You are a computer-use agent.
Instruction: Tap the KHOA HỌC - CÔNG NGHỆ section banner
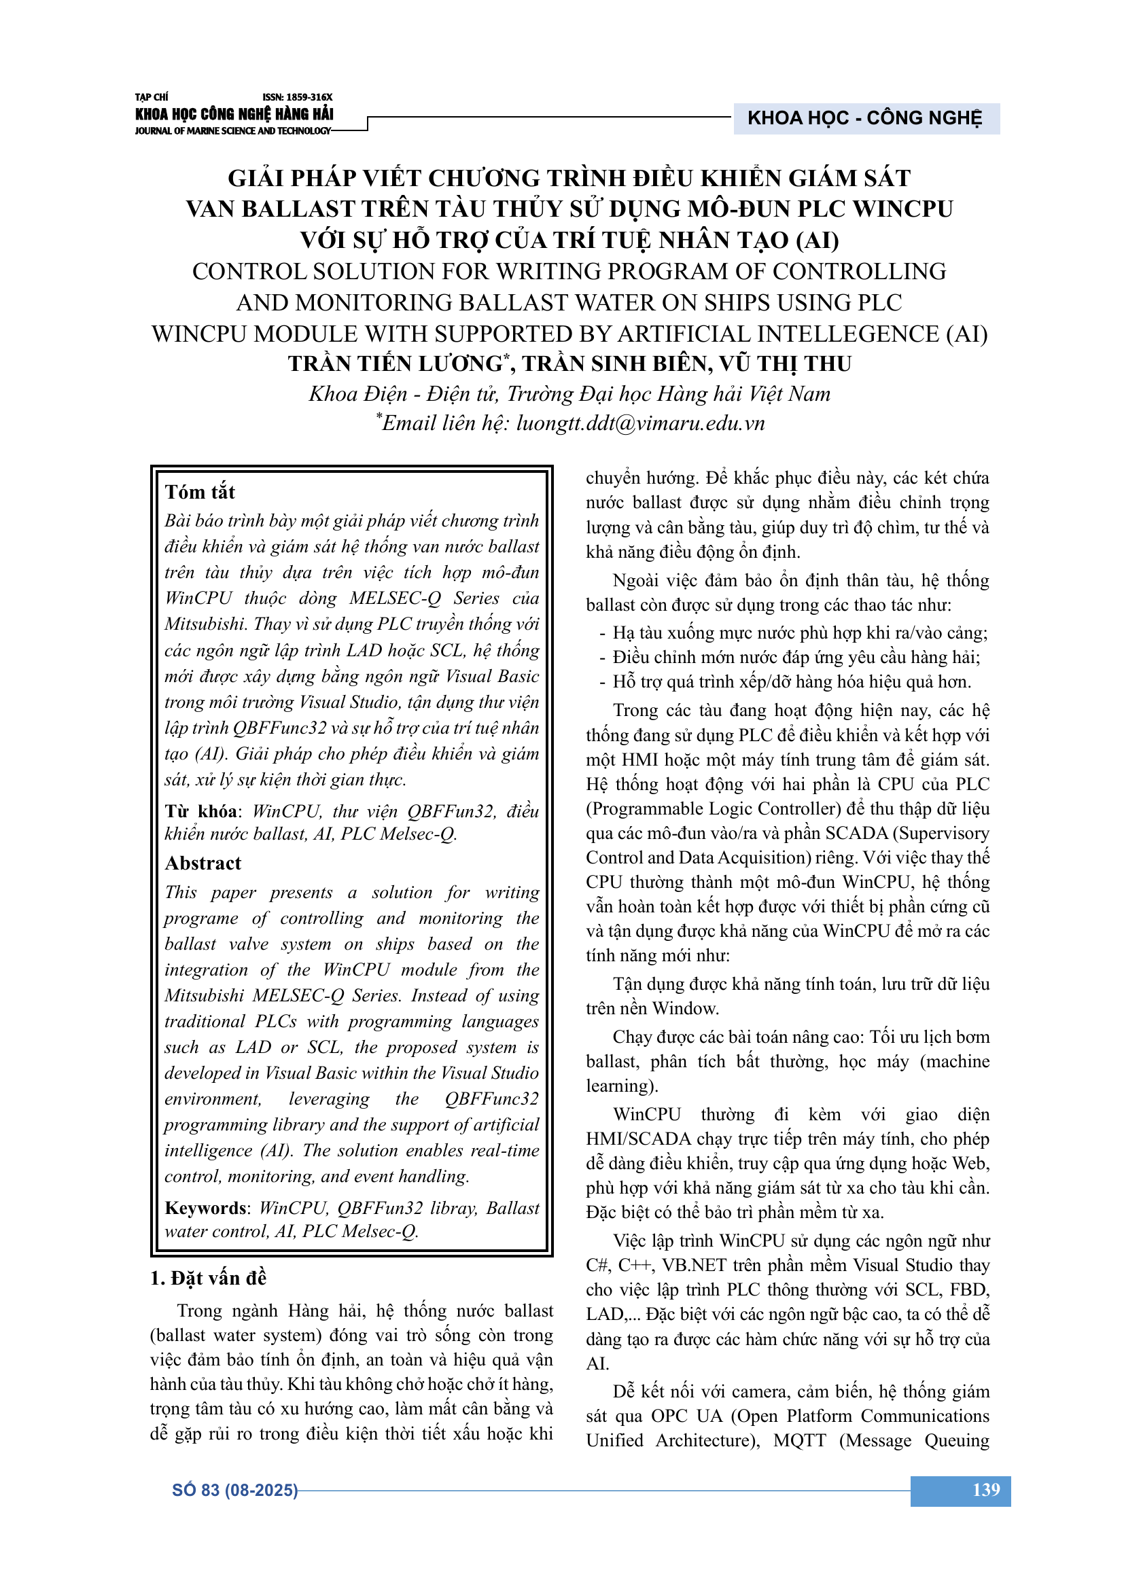click(x=864, y=118)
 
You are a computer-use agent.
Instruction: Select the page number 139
click(x=985, y=1489)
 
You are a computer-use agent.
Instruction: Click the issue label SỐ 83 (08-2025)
click(x=234, y=1490)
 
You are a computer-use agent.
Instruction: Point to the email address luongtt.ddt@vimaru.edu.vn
click(x=640, y=423)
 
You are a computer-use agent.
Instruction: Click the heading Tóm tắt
click(x=200, y=492)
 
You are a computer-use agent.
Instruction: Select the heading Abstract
click(x=203, y=863)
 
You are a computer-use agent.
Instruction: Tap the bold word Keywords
click(x=205, y=1208)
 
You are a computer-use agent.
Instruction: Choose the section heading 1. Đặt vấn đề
click(x=209, y=1278)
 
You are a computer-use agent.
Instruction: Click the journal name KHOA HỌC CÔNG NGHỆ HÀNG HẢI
click(x=234, y=114)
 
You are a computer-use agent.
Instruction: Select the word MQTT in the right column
click(x=799, y=1440)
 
